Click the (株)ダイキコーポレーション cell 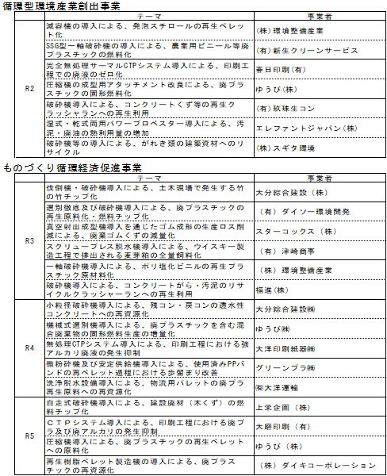316,466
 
